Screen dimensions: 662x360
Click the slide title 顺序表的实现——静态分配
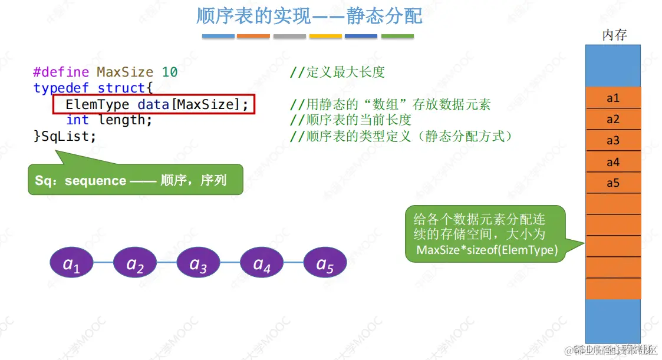(309, 16)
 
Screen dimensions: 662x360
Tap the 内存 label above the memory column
(614, 35)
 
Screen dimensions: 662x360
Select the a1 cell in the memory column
(613, 98)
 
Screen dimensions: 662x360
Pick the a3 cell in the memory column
(613, 141)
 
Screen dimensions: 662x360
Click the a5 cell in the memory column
(613, 183)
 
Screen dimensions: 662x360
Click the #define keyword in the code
(61, 72)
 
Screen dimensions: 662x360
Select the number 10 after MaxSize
(170, 72)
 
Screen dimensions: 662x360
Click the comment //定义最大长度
(337, 72)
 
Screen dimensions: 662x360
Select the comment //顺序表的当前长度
(351, 120)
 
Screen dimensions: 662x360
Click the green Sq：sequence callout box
(135, 180)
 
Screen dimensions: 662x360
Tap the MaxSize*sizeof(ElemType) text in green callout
(487, 250)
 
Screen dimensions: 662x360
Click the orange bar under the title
(253, 37)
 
